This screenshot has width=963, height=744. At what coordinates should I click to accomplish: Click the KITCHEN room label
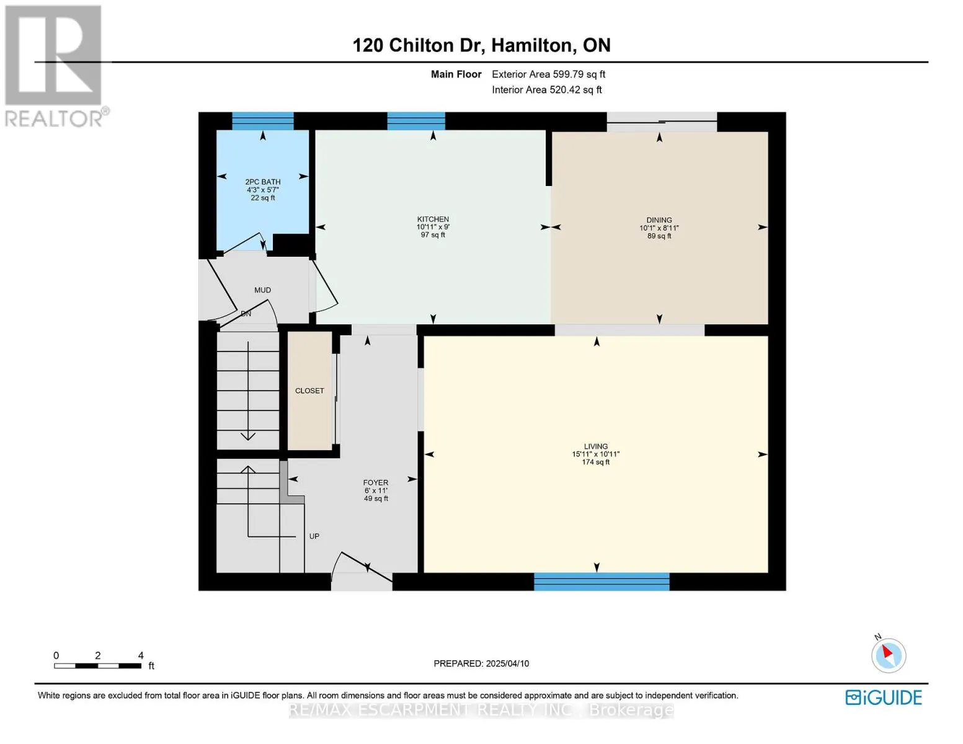coord(433,219)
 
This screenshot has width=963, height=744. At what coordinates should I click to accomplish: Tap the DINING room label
coord(659,219)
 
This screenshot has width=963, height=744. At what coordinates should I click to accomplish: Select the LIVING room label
coord(596,446)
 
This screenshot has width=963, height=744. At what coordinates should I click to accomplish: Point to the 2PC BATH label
coord(263,182)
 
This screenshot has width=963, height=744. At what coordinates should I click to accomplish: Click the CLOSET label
coord(309,391)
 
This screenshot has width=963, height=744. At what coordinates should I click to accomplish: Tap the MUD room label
coord(262,290)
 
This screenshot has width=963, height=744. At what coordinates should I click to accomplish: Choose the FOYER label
coord(375,482)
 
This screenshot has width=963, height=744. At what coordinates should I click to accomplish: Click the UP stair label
coord(314,536)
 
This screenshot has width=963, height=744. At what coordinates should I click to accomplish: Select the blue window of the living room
coord(601,582)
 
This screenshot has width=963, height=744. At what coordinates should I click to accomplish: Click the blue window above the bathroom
coord(263,121)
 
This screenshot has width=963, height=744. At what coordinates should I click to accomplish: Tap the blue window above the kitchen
coord(416,121)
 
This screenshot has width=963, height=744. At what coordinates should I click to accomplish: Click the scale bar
coord(97,665)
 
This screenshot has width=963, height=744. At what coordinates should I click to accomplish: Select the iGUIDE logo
coord(883,697)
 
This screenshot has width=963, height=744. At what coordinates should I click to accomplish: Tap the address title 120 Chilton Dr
coord(418,45)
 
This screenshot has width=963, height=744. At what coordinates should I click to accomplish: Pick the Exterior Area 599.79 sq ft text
coord(549,74)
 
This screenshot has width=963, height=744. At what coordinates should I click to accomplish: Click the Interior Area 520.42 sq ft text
coord(547,89)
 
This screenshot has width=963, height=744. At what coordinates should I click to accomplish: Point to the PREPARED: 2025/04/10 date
coord(481,663)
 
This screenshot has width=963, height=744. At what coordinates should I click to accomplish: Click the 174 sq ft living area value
coord(596,462)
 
